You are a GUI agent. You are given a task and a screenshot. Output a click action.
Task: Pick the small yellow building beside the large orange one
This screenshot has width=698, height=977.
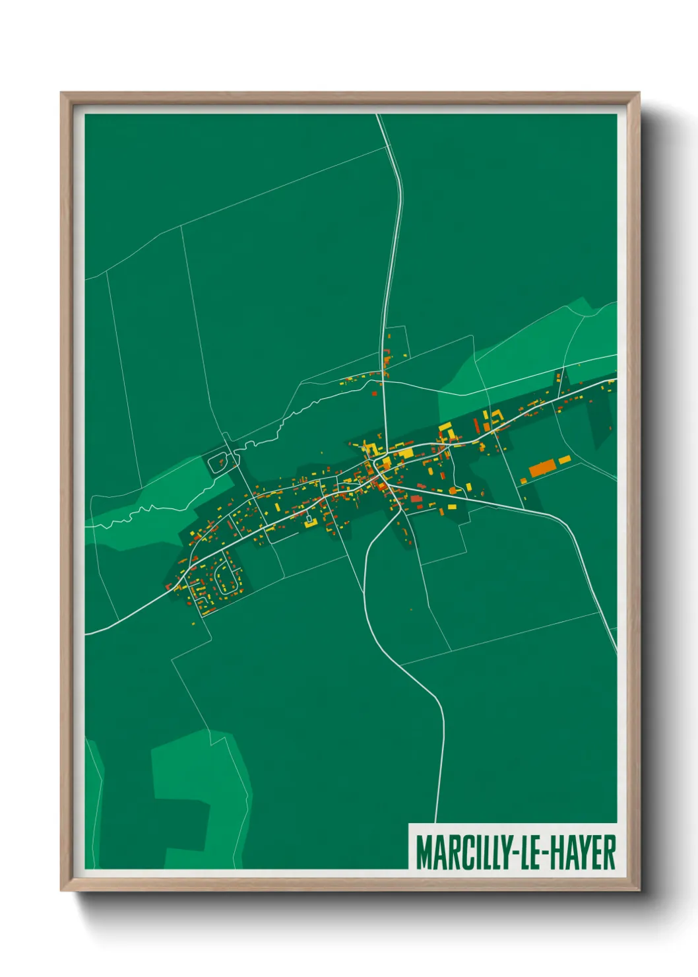coord(565,459)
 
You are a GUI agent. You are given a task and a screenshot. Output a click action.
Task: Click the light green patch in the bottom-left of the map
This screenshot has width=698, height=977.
coord(191,792)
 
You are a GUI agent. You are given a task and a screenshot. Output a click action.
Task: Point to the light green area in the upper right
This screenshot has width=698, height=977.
coord(528,350)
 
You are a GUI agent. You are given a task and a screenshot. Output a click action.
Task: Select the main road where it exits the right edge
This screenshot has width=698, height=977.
coord(614,381)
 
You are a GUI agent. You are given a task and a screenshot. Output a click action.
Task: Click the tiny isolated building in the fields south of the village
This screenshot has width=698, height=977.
coord(411,609)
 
